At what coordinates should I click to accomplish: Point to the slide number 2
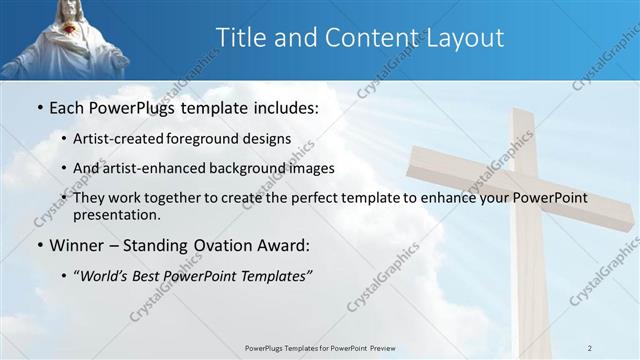coord(590,347)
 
